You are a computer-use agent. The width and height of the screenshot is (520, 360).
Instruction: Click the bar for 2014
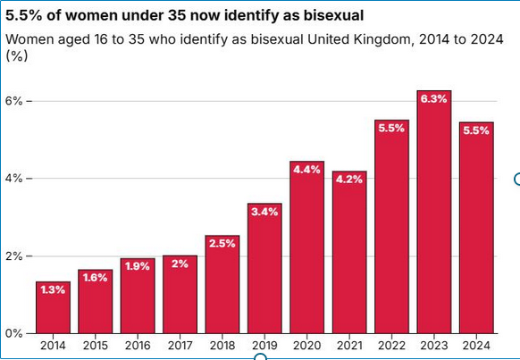click(x=53, y=307)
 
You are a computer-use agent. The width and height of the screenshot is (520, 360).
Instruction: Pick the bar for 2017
click(x=180, y=294)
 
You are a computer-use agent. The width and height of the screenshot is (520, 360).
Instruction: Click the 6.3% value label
click(x=434, y=99)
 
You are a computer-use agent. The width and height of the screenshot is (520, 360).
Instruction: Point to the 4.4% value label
click(x=307, y=170)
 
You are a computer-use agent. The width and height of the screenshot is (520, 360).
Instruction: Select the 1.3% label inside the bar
click(x=53, y=289)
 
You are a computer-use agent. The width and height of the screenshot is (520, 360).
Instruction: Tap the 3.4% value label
click(x=264, y=212)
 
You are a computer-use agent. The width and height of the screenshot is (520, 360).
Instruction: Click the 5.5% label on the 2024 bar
click(x=476, y=130)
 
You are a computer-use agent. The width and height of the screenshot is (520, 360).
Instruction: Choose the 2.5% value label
click(x=222, y=243)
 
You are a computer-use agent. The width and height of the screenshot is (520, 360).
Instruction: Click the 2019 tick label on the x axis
click(x=264, y=345)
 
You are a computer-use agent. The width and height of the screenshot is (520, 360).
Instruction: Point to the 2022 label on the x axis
click(x=391, y=345)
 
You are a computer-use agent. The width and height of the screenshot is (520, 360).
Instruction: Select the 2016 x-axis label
click(x=138, y=345)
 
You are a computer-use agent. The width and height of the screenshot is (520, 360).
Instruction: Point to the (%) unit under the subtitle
click(x=16, y=55)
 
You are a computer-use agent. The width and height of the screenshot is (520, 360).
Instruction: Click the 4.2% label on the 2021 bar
click(x=349, y=179)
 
